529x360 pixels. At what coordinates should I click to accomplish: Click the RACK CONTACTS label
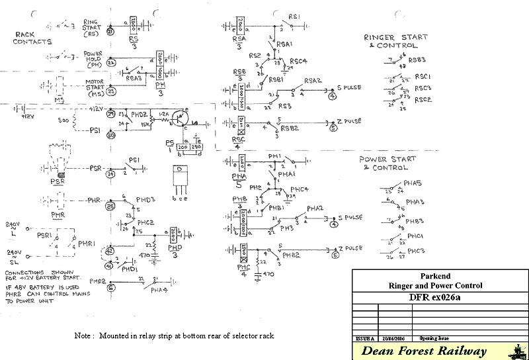(x=32, y=38)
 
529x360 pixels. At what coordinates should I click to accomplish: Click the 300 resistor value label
(x=63, y=121)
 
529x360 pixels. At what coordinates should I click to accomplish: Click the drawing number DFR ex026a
(x=440, y=296)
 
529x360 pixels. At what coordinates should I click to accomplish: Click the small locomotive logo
(x=515, y=351)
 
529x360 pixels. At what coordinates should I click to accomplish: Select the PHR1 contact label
(x=87, y=244)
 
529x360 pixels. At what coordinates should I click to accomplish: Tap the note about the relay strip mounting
(x=174, y=336)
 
